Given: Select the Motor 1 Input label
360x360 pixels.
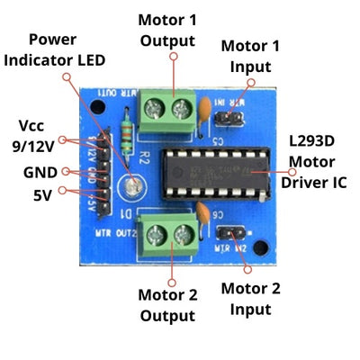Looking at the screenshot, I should (x=250, y=55).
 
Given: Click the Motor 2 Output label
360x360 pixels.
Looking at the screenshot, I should (x=166, y=305).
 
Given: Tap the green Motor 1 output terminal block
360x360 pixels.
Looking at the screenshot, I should (x=170, y=110).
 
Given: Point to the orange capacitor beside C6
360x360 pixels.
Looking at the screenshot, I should (x=207, y=216).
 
